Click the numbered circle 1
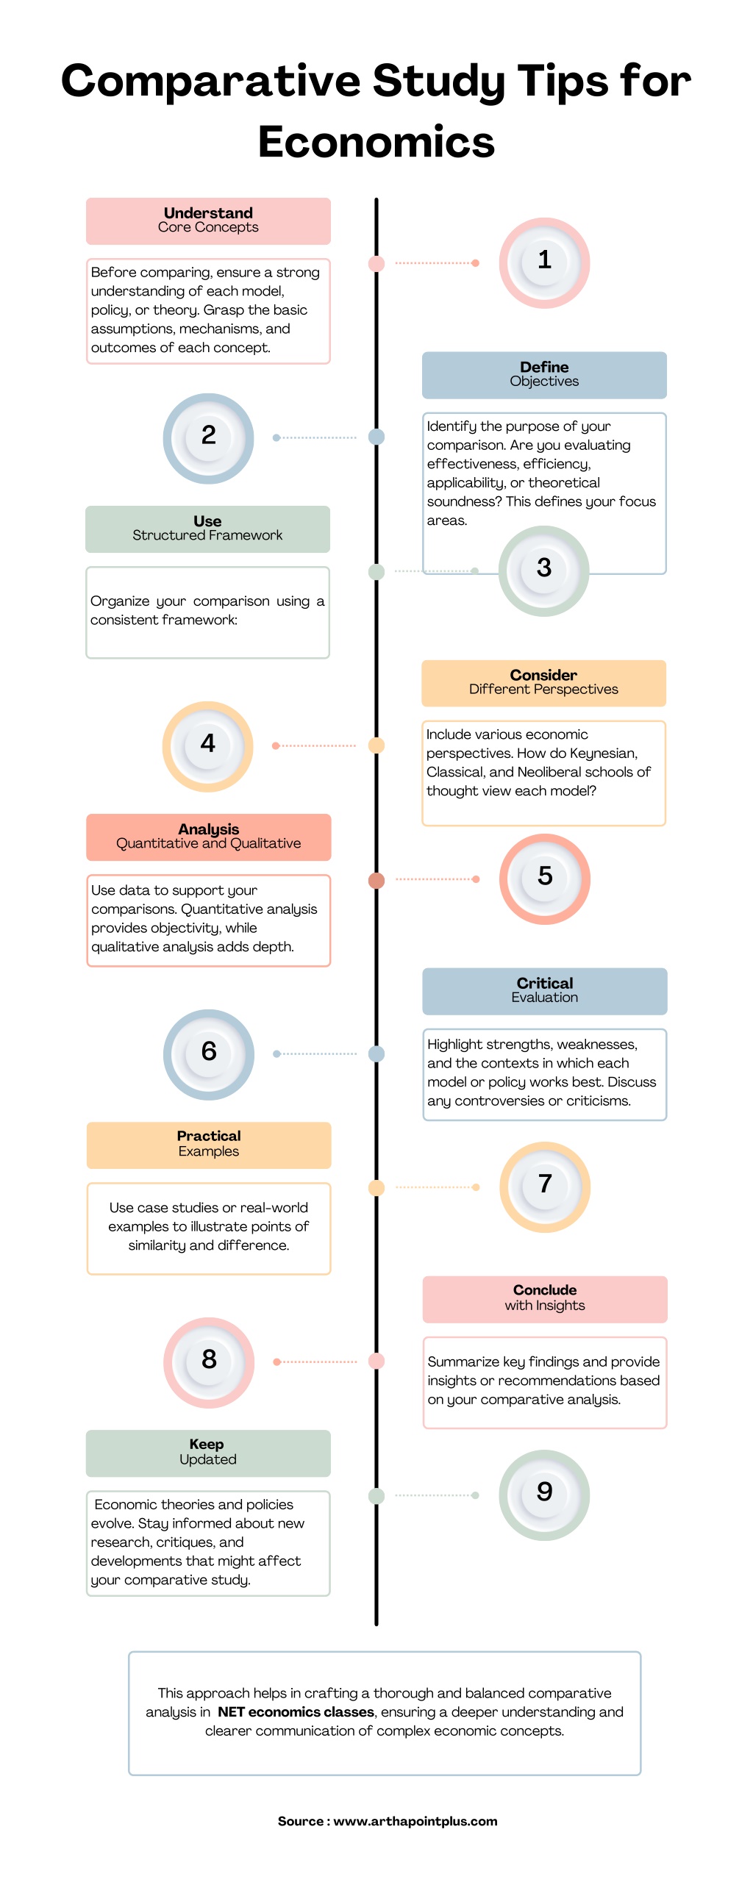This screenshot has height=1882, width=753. [544, 262]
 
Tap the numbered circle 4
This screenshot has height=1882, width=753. [208, 746]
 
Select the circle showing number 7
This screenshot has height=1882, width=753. [545, 1187]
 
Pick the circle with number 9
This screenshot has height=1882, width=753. [544, 1495]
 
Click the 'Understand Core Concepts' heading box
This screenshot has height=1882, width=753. [208, 221]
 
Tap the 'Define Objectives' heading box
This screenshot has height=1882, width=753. [544, 375]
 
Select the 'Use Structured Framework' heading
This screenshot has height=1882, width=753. [207, 529]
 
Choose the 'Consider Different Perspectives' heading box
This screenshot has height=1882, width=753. [543, 683]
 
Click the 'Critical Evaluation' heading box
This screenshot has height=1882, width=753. [545, 991]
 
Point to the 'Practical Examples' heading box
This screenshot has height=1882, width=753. [209, 1145]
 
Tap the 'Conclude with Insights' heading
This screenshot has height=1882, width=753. [545, 1299]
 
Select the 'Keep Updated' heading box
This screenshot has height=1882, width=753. [208, 1453]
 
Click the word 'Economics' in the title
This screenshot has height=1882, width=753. [376, 141]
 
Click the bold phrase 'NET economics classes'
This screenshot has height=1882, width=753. [296, 1711]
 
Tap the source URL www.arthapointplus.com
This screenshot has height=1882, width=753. [415, 1821]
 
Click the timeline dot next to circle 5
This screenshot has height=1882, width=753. [376, 880]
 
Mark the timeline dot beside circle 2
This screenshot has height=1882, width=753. [376, 437]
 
